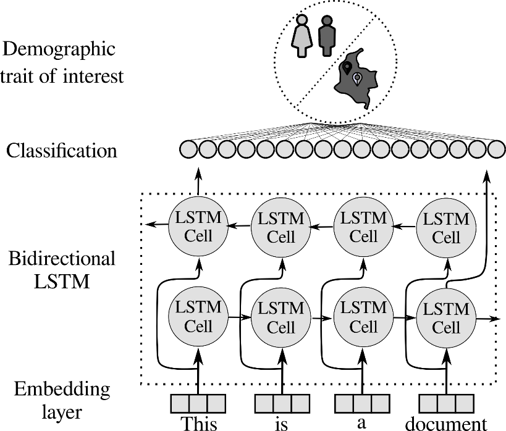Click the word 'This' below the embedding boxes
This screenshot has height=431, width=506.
tap(199, 424)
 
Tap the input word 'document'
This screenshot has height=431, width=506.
tap(445, 424)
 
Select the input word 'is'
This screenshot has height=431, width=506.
tap(282, 425)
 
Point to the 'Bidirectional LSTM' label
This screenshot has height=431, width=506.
tap(61, 270)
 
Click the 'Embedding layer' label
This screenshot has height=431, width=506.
tap(61, 401)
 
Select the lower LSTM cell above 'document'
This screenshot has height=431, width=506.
tap(446, 317)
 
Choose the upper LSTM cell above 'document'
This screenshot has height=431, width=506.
tap(446, 227)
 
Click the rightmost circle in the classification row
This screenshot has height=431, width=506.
tap(496, 149)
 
